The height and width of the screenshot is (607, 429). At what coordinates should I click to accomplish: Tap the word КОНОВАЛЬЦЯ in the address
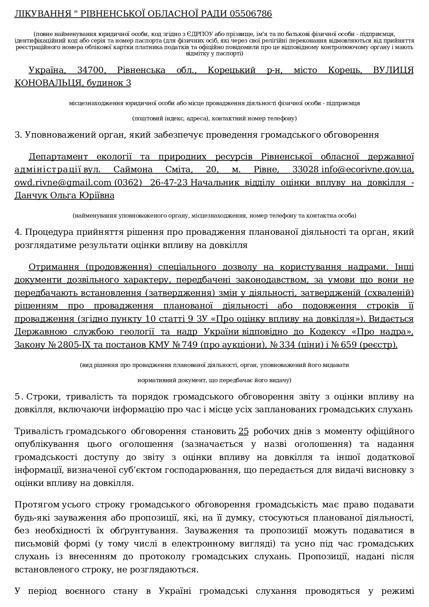pyautogui.click(x=48, y=83)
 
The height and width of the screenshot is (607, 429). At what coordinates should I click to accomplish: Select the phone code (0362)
pyautogui.click(x=128, y=183)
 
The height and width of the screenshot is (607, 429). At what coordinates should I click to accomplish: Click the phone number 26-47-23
pyautogui.click(x=169, y=183)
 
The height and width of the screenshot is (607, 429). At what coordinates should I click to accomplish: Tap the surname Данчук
pyautogui.click(x=31, y=196)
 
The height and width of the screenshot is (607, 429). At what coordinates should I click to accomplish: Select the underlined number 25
pyautogui.click(x=244, y=432)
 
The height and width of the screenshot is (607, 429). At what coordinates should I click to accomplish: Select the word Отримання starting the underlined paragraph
pyautogui.click(x=56, y=267)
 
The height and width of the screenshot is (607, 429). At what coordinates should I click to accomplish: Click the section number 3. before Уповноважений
pyautogui.click(x=18, y=135)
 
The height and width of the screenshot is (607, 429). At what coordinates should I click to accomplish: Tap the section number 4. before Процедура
pyautogui.click(x=18, y=232)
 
